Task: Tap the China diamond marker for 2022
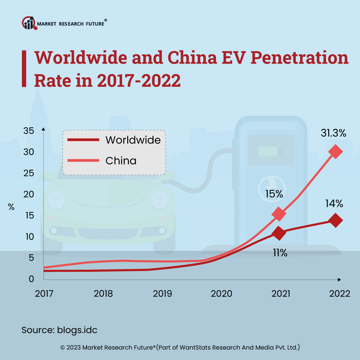tap(335, 152)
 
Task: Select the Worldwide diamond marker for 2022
tap(335, 221)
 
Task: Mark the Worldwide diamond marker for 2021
tap(278, 233)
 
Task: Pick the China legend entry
tap(121, 160)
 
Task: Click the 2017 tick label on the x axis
tap(44, 293)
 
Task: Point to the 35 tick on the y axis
tap(29, 131)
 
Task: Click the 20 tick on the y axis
tap(29, 194)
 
